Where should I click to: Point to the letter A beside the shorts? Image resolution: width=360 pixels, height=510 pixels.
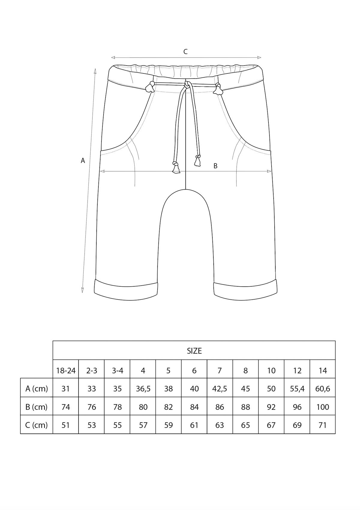[83, 160]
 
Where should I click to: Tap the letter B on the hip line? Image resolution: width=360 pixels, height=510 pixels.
[215, 166]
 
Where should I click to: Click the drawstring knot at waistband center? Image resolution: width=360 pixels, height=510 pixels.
[187, 85]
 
